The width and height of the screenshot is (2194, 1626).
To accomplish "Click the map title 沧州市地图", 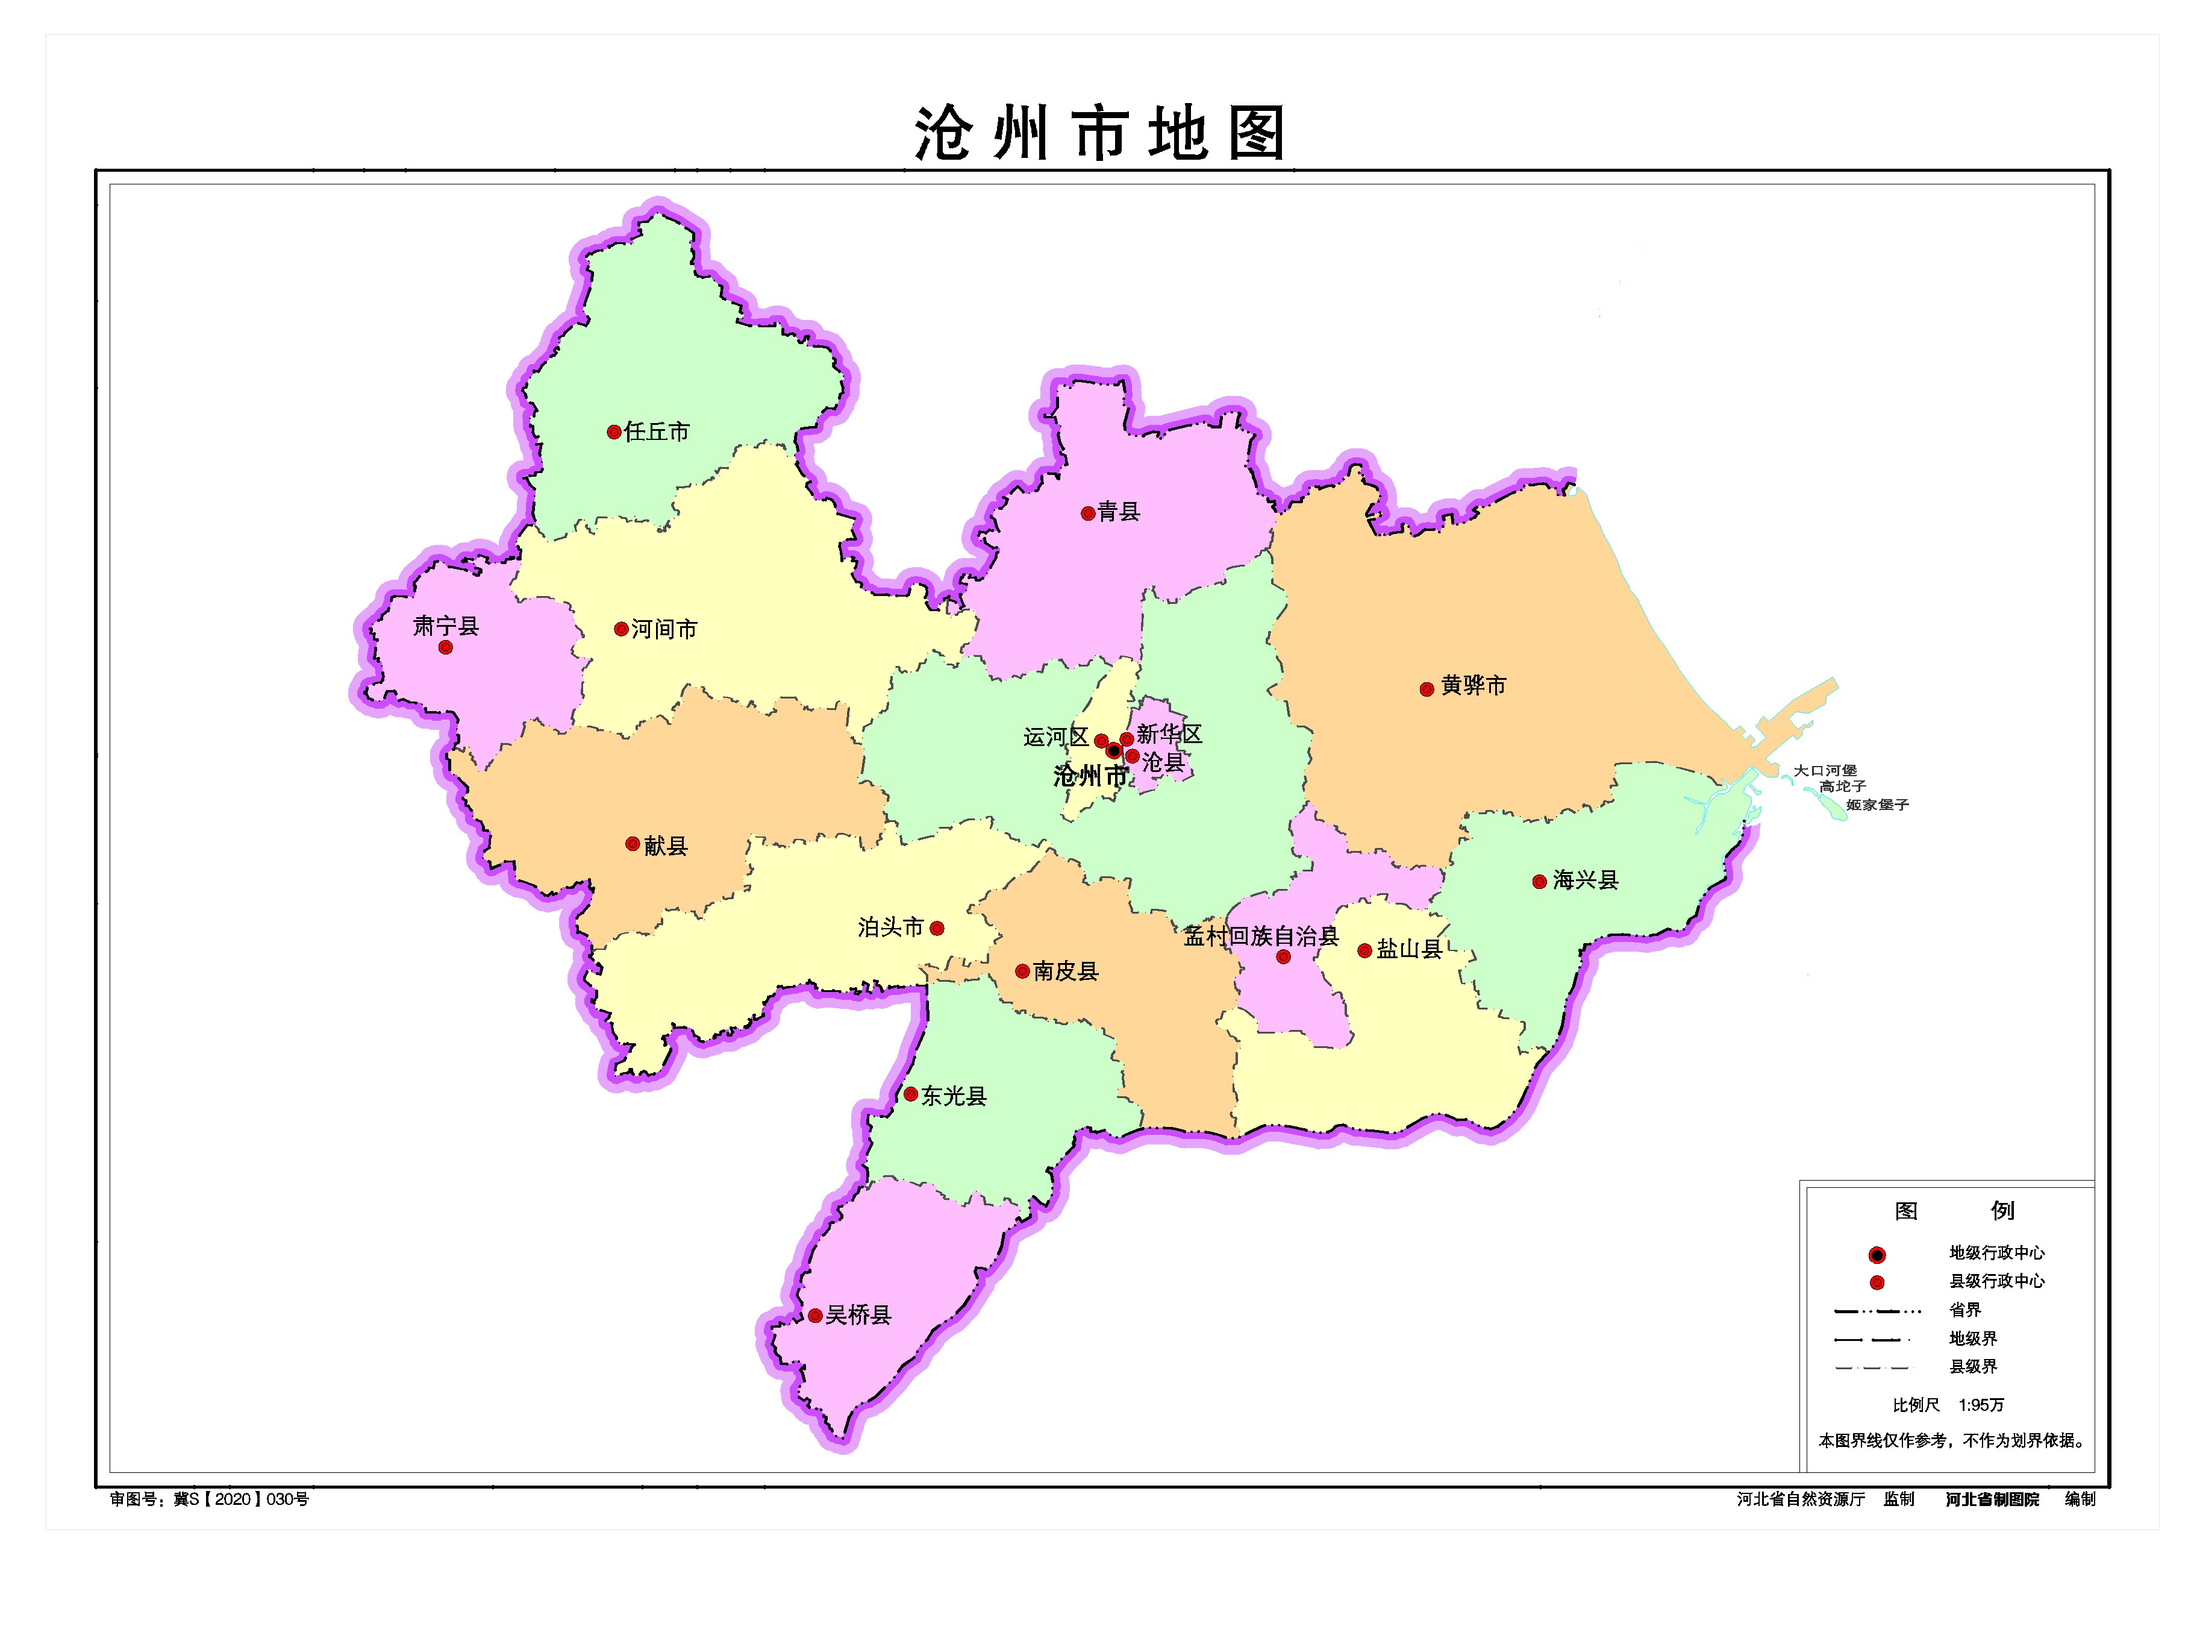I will pyautogui.click(x=1100, y=134).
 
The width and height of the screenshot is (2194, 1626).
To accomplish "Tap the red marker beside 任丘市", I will pyautogui.click(x=614, y=432).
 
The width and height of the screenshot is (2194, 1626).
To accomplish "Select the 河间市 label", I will pyautogui.click(x=664, y=629).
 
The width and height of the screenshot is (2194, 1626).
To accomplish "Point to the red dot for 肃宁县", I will pyautogui.click(x=446, y=648).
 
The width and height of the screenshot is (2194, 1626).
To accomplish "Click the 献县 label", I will pyautogui.click(x=666, y=846).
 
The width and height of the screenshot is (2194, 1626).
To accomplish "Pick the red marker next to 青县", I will pyautogui.click(x=1087, y=514).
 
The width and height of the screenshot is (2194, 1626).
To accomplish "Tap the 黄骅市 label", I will pyautogui.click(x=1473, y=686).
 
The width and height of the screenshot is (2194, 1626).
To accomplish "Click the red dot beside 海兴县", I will pyautogui.click(x=1539, y=882).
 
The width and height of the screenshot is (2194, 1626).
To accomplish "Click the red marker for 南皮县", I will pyautogui.click(x=1022, y=972).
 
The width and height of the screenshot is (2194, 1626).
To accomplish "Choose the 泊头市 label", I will pyautogui.click(x=890, y=927).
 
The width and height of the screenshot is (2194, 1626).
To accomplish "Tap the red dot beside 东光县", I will pyautogui.click(x=910, y=1094).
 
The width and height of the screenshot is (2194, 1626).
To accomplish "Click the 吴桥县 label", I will pyautogui.click(x=858, y=1315).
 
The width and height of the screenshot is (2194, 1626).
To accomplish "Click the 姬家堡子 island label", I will pyautogui.click(x=1877, y=805).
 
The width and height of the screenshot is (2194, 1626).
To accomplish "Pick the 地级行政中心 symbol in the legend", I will pyautogui.click(x=1876, y=1255).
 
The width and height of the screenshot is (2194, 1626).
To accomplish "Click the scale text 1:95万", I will pyautogui.click(x=1981, y=1405).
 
